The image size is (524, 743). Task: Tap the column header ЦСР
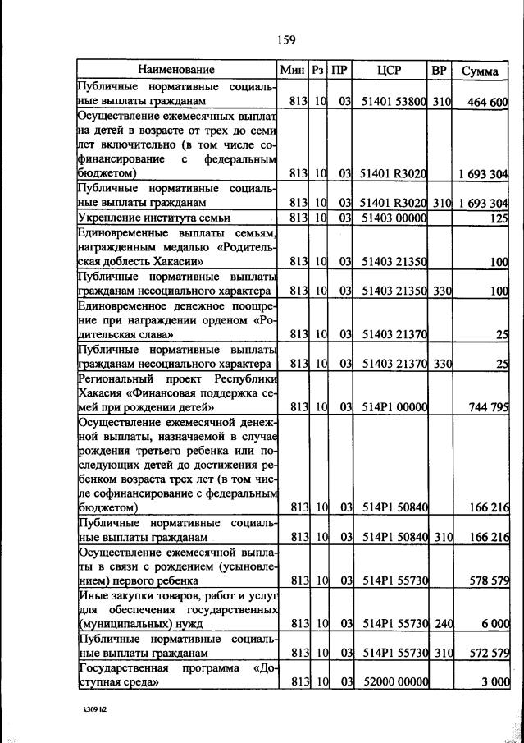click(x=389, y=71)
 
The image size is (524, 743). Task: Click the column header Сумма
click(x=480, y=71)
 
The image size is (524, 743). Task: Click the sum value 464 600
click(x=485, y=102)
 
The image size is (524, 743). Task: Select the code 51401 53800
click(x=394, y=102)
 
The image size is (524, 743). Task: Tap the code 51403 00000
click(x=394, y=218)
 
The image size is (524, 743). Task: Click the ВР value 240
click(x=444, y=624)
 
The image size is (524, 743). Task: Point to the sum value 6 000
click(x=495, y=624)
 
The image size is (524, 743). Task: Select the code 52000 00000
click(x=394, y=682)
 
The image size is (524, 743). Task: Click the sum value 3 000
click(x=495, y=682)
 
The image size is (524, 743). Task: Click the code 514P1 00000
click(x=394, y=406)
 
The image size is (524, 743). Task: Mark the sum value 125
click(x=499, y=218)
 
